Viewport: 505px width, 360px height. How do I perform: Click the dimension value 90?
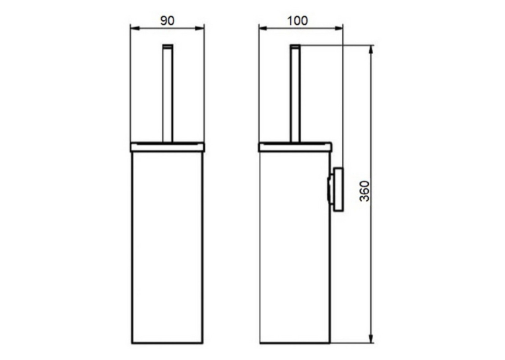coord(167,20)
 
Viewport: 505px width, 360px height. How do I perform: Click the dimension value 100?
coord(297,20)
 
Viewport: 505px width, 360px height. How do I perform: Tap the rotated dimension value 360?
coord(364,191)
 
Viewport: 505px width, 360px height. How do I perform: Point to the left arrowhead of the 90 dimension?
coord(135,28)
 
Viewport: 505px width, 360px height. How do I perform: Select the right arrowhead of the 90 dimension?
coord(199,28)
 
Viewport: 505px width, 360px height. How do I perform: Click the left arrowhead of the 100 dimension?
coord(264,28)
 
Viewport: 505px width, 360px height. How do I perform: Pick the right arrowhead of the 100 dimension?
coord(339,28)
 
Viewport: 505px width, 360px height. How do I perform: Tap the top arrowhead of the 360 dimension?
coord(372,50)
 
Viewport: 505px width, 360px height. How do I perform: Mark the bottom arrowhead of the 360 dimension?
coord(372,338)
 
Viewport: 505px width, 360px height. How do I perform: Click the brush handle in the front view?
coord(168,93)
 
